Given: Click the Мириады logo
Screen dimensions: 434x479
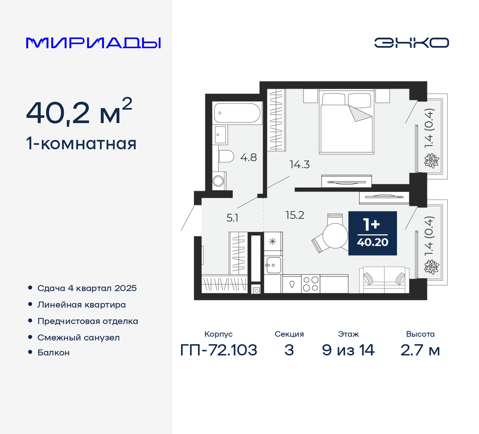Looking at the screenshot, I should point(93,43).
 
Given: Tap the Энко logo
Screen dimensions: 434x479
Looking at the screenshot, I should point(411,43).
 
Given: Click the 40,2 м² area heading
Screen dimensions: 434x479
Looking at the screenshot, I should point(79,112).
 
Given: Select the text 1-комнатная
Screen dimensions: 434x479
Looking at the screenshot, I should point(81,144).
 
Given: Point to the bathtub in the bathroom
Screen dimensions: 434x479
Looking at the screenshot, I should point(237,113).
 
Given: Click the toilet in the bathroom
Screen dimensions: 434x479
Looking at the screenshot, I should point(226,156).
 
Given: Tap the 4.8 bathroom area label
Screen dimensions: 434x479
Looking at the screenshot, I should point(248,158).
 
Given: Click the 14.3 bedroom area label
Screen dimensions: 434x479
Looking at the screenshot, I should point(299,165).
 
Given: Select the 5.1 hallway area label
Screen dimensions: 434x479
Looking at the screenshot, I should point(232,218).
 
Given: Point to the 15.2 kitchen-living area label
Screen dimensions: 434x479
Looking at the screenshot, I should point(295,215).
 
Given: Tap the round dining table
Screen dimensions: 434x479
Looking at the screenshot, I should point(335,236).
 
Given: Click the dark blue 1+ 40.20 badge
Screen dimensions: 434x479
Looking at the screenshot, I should point(372,233).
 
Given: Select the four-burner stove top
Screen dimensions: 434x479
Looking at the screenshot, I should point(311,284).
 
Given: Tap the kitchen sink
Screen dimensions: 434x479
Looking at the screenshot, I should point(274,265).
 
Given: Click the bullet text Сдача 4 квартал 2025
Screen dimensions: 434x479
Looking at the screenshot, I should point(87,288).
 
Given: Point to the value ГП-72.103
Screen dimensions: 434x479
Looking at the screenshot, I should point(219,350).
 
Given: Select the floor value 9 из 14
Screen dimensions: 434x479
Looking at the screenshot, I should point(348,350).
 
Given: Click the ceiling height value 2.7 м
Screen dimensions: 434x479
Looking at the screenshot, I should point(420,350).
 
